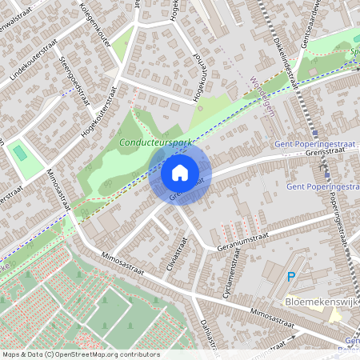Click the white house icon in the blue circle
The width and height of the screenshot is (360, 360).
click(180, 172)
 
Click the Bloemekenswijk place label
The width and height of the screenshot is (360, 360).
click(322, 302)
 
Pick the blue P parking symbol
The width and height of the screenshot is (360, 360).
click(290, 278)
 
